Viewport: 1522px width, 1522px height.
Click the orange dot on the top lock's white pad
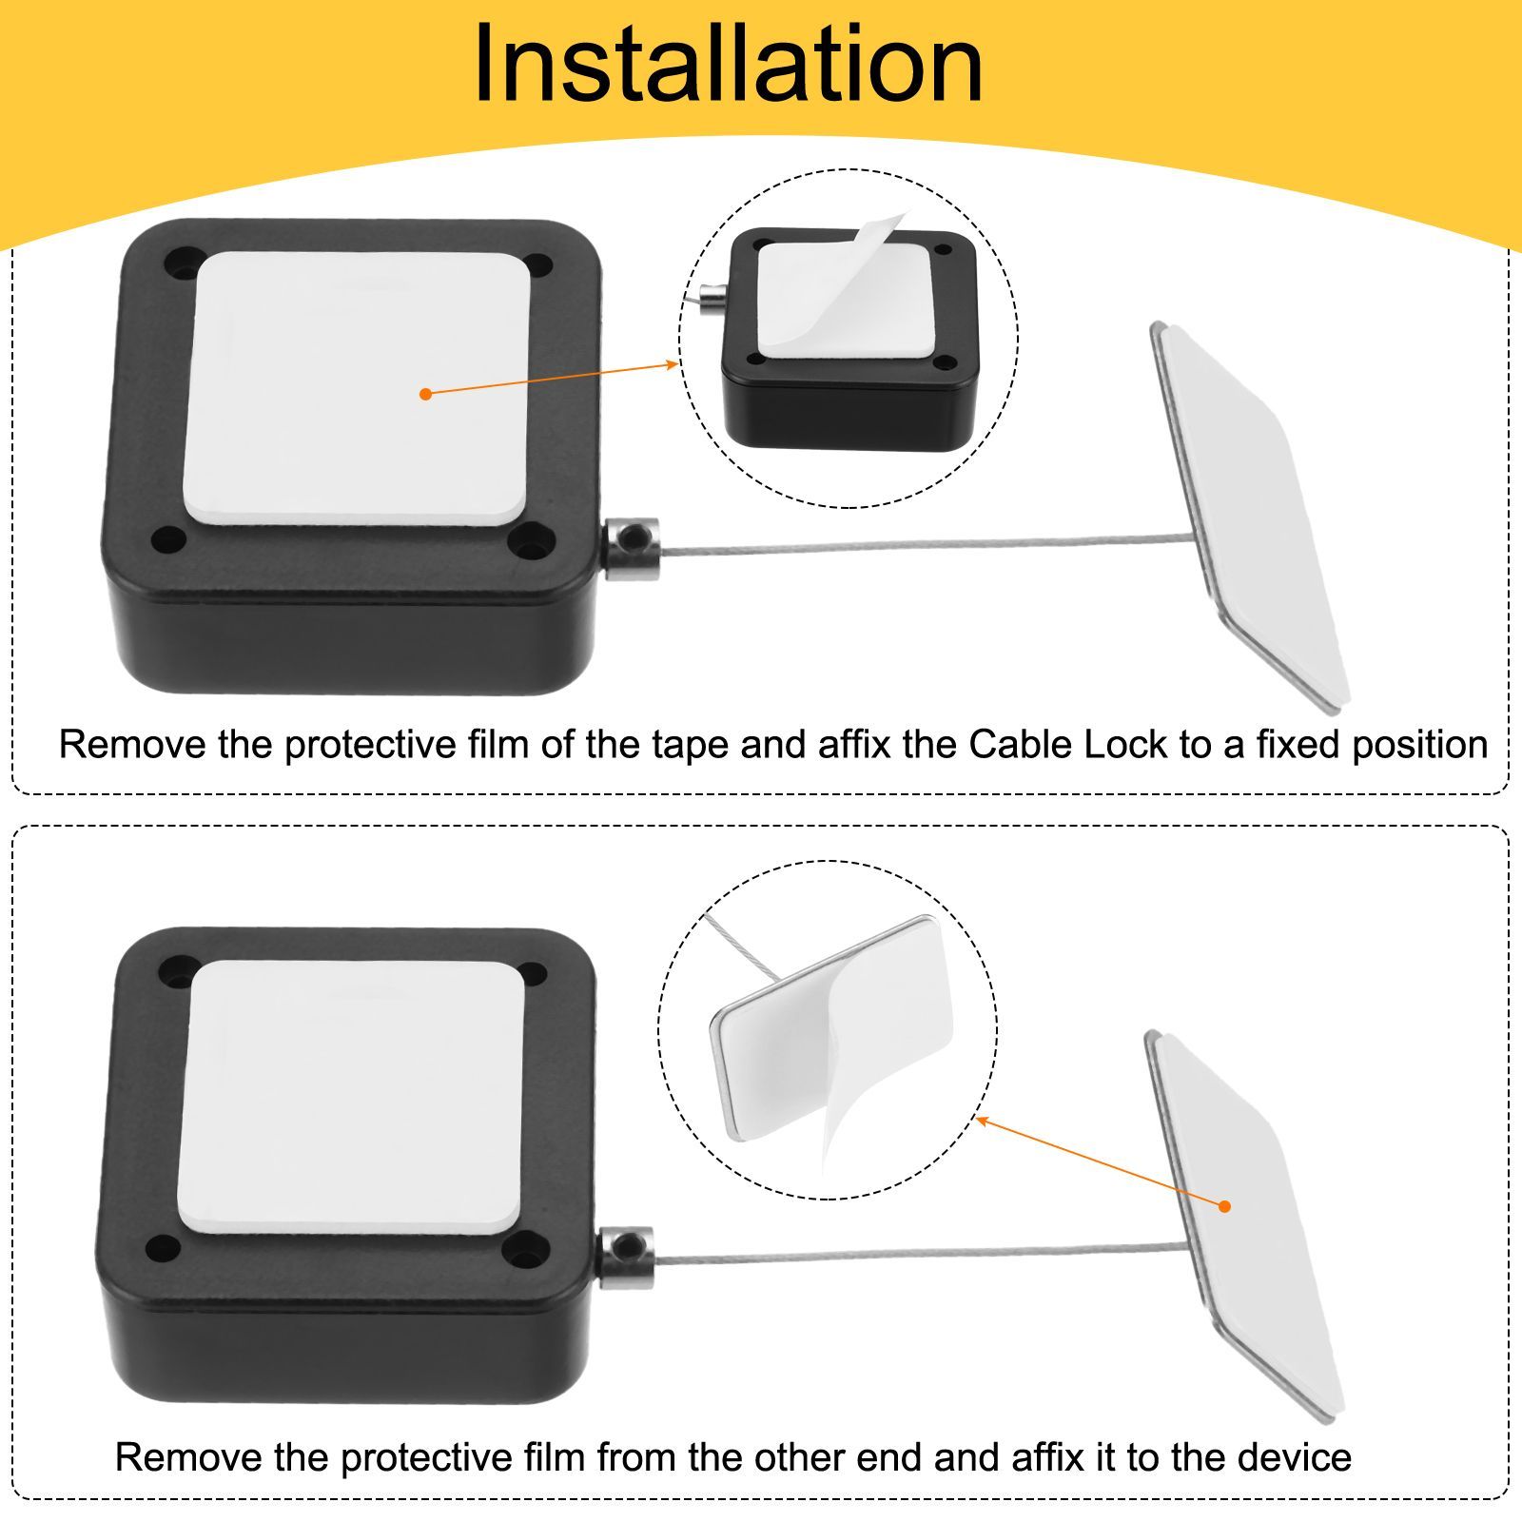click(425, 393)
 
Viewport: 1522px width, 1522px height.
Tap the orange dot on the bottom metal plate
click(1225, 1206)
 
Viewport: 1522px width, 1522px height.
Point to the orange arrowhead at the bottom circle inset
click(984, 1121)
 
